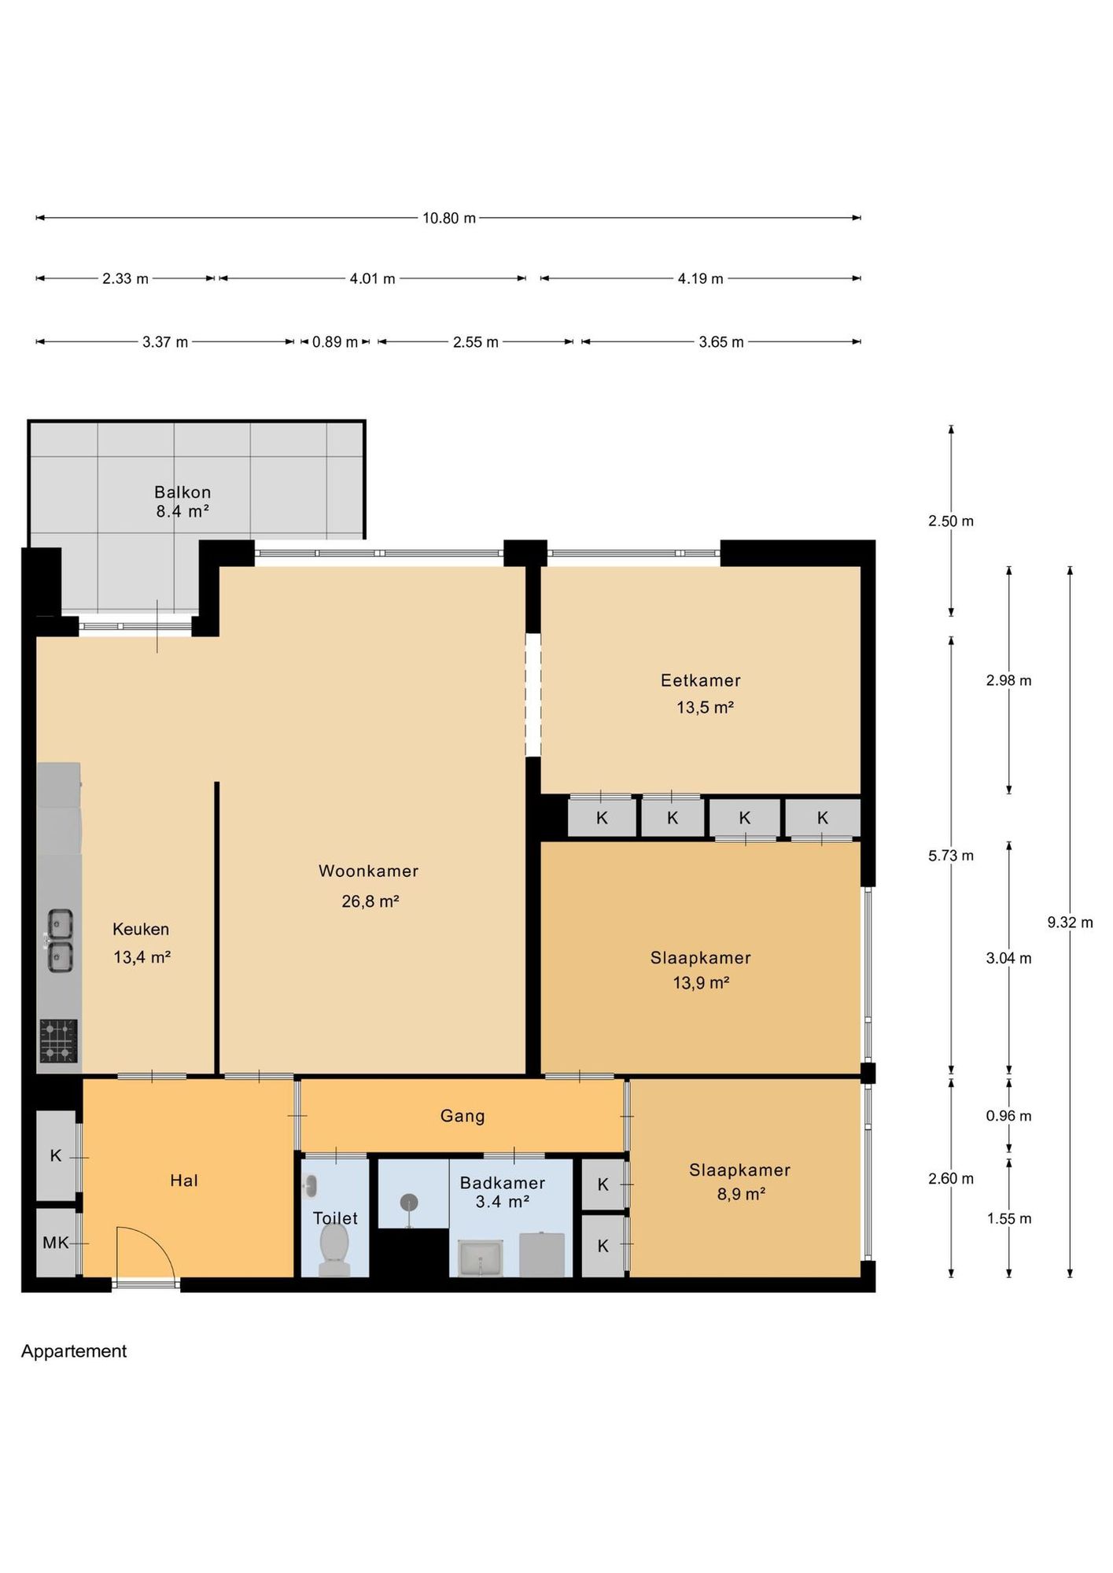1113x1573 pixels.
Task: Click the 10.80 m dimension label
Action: [x=449, y=218]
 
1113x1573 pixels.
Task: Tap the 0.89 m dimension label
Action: [x=335, y=342]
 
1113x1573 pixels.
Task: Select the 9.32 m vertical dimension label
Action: [x=1070, y=922]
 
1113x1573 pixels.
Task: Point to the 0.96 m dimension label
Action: [x=1008, y=1115]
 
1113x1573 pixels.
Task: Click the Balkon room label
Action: [x=182, y=492]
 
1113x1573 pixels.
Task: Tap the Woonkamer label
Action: [x=368, y=871]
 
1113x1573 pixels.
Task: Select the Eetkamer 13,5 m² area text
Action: [x=705, y=707]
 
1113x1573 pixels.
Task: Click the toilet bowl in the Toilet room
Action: [x=334, y=1250]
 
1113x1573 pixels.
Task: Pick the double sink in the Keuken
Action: [x=60, y=941]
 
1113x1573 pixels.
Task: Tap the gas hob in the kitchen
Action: [x=58, y=1041]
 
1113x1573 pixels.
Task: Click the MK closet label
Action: [x=56, y=1243]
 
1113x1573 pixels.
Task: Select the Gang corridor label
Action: [x=463, y=1115]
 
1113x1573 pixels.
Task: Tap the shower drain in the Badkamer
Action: [x=408, y=1203]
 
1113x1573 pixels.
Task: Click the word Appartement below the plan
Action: [x=74, y=1351]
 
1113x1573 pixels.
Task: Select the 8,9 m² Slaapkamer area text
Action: [x=741, y=1194]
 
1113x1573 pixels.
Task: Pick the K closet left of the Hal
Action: [x=56, y=1155]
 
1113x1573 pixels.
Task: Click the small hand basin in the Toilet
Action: [x=311, y=1185]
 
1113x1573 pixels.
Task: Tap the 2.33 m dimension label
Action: [x=125, y=278]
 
